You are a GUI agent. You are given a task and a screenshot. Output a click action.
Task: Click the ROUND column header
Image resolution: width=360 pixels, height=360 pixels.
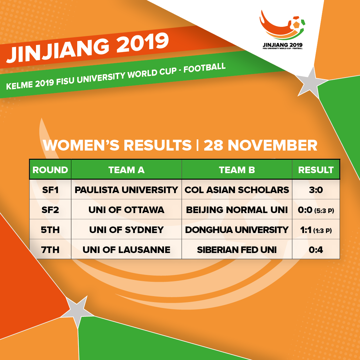coord(50,170)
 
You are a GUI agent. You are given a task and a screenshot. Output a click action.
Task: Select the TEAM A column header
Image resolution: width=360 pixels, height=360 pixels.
coord(127,170)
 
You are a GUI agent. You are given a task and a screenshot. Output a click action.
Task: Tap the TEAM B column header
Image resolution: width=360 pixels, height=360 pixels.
coord(237,170)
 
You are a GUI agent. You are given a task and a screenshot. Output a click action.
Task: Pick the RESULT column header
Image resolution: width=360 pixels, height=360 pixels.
coord(316,170)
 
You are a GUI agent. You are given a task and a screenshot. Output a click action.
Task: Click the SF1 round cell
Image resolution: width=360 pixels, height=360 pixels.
coord(50,190)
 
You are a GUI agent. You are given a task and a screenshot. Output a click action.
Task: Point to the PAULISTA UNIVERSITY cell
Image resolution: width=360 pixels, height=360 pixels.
coord(127,190)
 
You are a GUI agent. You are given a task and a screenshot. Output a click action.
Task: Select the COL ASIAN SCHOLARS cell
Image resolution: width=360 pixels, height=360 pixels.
coord(237,190)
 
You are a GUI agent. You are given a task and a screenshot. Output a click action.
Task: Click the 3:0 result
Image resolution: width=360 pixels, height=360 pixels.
coord(316,190)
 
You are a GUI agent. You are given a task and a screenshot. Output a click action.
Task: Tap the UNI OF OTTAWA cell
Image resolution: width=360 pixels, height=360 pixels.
coord(127,210)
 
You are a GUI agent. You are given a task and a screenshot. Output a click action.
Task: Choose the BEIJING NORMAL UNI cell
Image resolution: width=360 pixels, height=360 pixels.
coord(237,210)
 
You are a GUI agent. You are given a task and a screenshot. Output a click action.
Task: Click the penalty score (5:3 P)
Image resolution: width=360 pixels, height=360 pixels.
coord(324,210)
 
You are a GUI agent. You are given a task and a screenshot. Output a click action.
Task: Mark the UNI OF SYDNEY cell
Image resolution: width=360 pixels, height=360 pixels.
coord(127,230)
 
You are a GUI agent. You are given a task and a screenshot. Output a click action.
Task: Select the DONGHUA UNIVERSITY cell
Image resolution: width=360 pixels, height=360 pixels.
coord(237,230)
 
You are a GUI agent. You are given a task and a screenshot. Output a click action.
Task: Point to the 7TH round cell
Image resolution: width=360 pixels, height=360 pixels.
coord(50,250)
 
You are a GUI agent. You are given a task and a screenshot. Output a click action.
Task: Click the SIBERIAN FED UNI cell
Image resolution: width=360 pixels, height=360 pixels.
coord(237,250)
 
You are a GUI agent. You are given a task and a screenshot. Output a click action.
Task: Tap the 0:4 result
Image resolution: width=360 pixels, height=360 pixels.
coord(316,250)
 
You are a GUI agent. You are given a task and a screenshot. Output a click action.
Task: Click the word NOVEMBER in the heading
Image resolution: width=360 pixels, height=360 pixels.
coord(273,145)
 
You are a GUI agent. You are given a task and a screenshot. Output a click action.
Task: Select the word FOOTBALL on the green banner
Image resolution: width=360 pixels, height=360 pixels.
coord(205,67)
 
